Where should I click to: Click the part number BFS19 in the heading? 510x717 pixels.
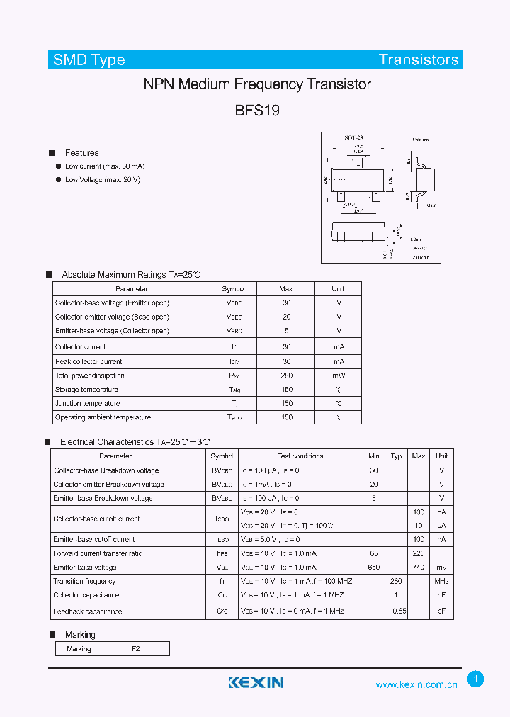tap(257, 111)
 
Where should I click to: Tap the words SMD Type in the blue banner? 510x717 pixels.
tap(89, 60)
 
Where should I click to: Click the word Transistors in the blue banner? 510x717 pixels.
tap(419, 60)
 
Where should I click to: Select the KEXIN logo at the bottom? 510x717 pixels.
tap(256, 682)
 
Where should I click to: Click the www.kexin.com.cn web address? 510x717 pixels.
tap(416, 684)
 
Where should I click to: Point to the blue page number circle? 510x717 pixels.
tap(476, 679)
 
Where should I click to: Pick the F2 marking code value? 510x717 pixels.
tap(136, 649)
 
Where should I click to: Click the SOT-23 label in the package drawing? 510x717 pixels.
tap(353, 137)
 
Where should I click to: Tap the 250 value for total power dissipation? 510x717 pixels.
tap(286, 376)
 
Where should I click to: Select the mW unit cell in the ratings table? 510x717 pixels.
tap(339, 376)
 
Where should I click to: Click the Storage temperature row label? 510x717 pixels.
tap(86, 390)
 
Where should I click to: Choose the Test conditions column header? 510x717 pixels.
tap(300, 456)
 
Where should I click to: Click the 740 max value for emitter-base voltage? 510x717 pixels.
tap(419, 568)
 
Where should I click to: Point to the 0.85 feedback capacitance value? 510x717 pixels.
tap(399, 611)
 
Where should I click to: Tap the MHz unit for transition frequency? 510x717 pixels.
tap(442, 582)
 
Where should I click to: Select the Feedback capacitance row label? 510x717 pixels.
tap(88, 611)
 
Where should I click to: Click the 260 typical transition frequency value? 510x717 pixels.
tap(397, 582)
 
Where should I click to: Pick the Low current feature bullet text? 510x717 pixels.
tap(105, 166)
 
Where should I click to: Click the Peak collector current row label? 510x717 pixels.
tap(89, 361)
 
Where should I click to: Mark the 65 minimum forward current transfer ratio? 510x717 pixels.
tap(374, 553)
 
